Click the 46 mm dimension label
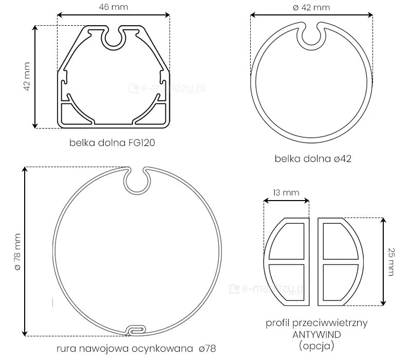click(114, 7)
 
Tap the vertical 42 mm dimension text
click(27, 76)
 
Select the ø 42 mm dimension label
click(311, 7)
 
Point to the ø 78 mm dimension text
click(17, 252)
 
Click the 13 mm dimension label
click(286, 192)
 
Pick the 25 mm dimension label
click(391, 262)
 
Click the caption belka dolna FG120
click(112, 143)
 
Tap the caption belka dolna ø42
click(313, 159)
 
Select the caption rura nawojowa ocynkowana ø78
click(136, 349)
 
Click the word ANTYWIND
click(316, 335)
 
